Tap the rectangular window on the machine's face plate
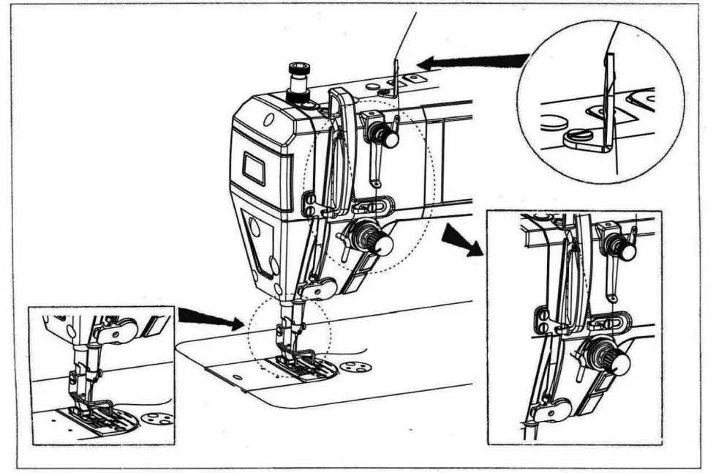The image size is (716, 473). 255,169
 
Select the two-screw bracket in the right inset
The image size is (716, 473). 544,319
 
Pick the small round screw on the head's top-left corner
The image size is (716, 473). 268,119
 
